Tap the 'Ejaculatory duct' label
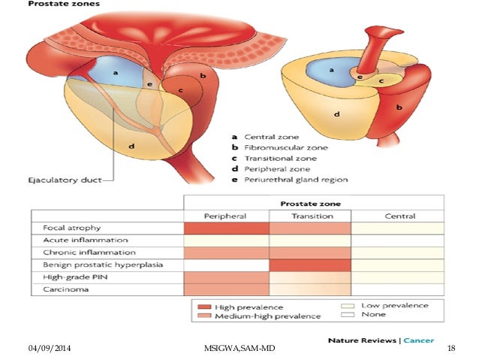click(61, 180)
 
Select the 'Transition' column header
click(311, 216)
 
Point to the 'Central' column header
click(399, 216)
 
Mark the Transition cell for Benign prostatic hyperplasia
click(311, 265)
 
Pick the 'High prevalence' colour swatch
click(203, 307)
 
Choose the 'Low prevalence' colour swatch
click(346, 306)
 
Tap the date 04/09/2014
click(48, 350)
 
